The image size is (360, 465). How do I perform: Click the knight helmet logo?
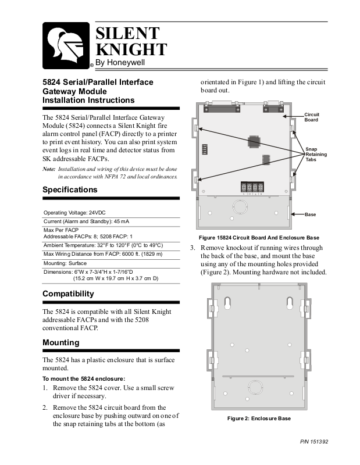coord(66,45)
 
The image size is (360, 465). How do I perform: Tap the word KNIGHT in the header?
coord(130,49)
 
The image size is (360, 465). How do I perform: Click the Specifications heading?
coord(70,189)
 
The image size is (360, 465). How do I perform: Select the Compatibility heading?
coord(68,294)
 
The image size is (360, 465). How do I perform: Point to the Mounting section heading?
coord(60,342)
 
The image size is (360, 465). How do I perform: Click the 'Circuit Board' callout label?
coord(311,117)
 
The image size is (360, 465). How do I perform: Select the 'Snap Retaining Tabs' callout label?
coord(312,154)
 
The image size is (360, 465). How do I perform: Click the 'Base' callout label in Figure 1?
coord(310,214)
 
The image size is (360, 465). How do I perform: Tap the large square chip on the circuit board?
coord(253,141)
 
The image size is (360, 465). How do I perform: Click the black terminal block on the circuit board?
coord(252,187)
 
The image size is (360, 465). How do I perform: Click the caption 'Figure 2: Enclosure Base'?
coord(259,419)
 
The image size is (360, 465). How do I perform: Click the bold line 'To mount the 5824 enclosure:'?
coord(84,379)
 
